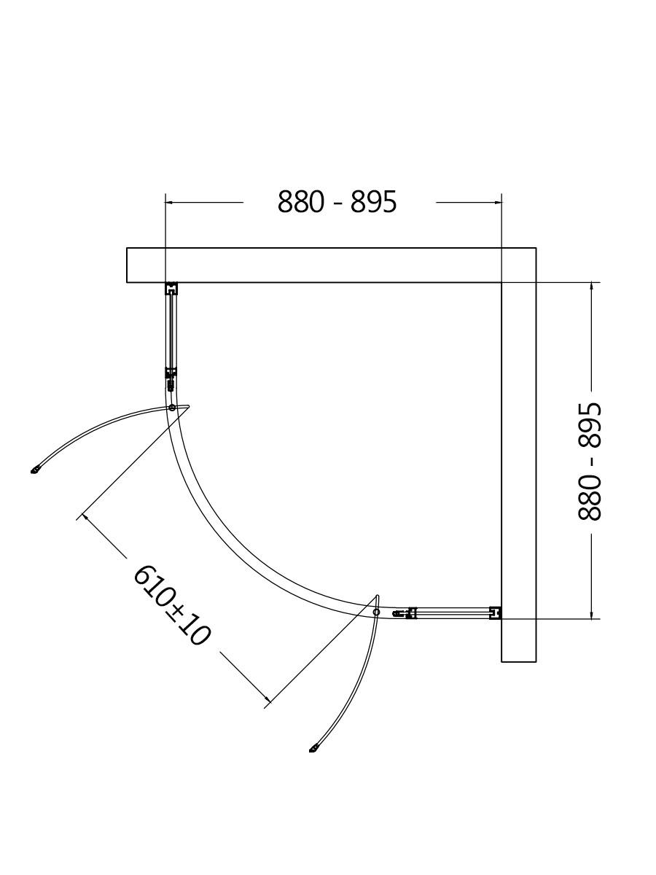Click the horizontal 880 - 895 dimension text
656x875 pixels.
pos(337,202)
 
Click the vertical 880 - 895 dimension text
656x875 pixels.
pos(589,462)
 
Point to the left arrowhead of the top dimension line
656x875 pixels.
pos(169,203)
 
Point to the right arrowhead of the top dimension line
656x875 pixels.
pos(498,203)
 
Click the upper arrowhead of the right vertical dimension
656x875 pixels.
pos(593,287)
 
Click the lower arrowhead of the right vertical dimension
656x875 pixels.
pos(593,615)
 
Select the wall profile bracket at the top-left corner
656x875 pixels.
pos(171,289)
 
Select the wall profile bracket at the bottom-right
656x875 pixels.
pos(495,613)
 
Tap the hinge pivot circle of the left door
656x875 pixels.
pos(172,408)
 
